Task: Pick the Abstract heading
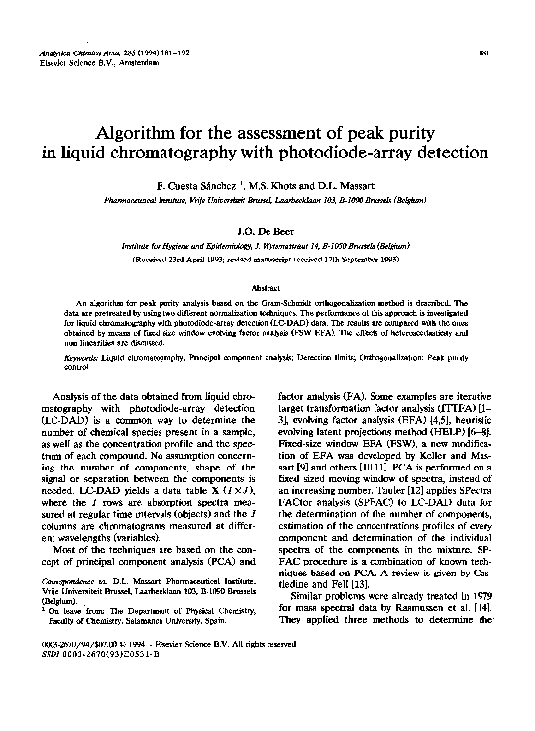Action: coord(268,286)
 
